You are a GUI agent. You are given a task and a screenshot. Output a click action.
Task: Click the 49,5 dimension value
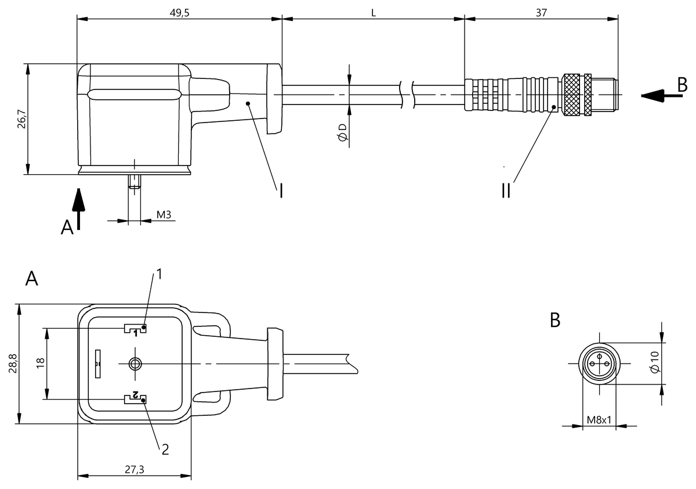tap(179, 13)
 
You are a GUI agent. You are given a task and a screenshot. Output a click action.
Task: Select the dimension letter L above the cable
tap(374, 13)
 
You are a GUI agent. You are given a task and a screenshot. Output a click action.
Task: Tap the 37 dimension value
tap(541, 13)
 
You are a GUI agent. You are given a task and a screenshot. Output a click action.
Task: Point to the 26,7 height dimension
tap(22, 119)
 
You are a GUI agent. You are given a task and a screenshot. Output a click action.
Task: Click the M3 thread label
tap(164, 215)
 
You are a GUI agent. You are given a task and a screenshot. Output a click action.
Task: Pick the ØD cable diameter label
tap(342, 132)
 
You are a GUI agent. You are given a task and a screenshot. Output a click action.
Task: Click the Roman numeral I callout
tap(281, 190)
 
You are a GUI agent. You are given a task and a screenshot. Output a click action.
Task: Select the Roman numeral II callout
tap(506, 190)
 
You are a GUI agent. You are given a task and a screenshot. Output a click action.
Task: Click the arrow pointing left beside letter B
tap(662, 96)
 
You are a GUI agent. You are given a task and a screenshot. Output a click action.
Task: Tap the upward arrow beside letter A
tap(78, 209)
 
